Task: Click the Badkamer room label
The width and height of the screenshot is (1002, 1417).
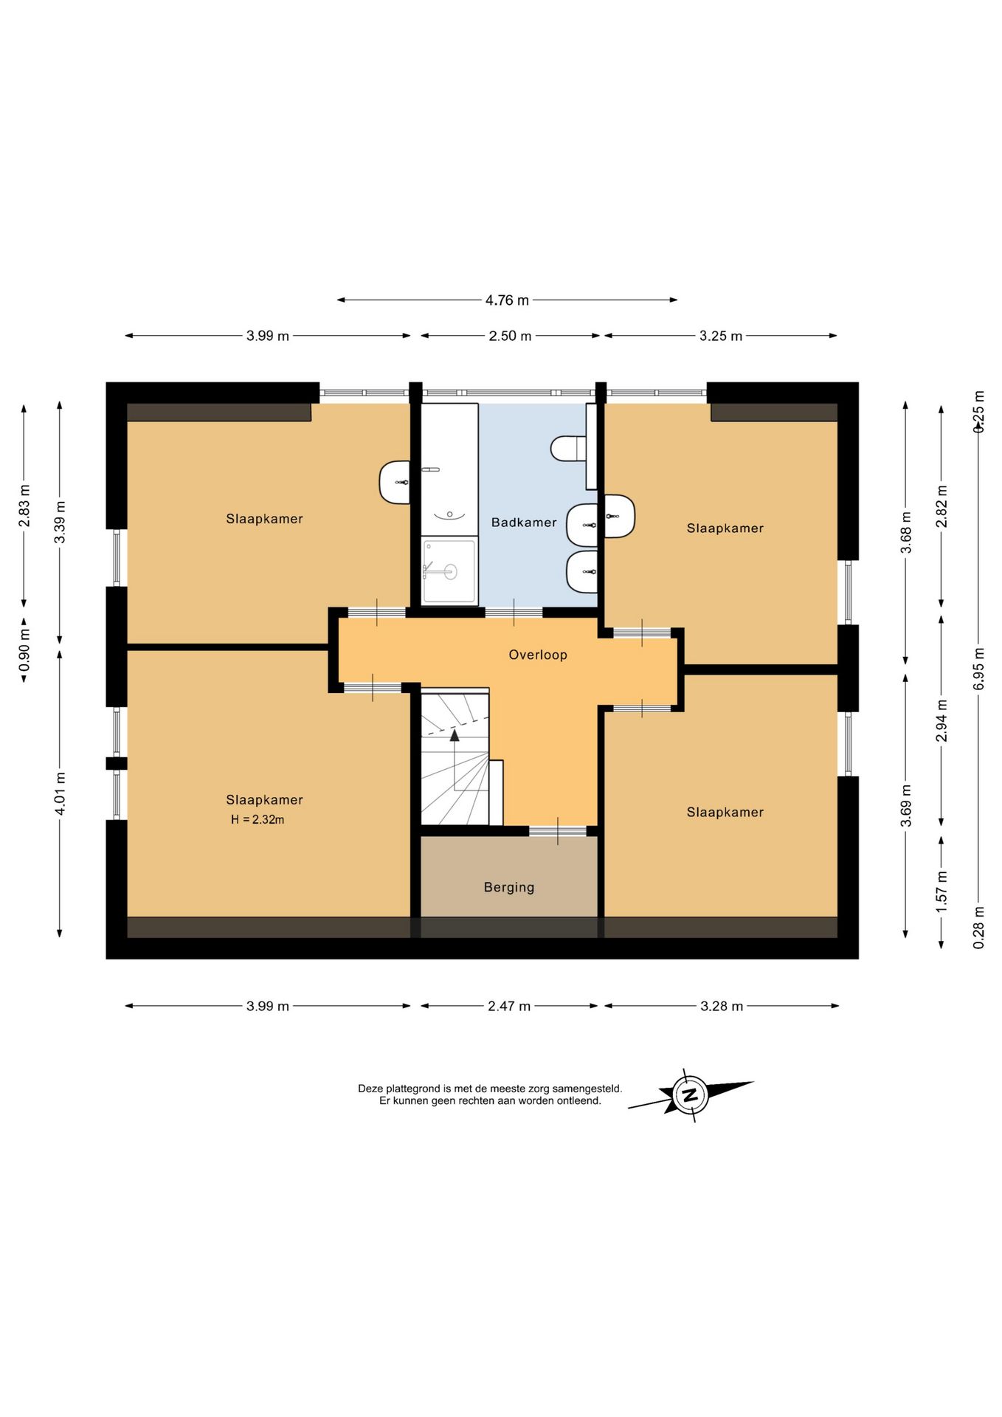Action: [524, 523]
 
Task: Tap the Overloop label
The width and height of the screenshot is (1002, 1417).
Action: [538, 655]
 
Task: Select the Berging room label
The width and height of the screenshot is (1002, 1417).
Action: [509, 887]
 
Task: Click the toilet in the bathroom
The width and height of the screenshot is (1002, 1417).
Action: [568, 448]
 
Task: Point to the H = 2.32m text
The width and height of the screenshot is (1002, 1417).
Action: [258, 819]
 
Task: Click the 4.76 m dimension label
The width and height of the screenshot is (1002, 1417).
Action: [507, 300]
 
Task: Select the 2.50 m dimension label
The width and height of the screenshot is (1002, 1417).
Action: [510, 336]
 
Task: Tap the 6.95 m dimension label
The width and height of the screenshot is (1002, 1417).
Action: [979, 669]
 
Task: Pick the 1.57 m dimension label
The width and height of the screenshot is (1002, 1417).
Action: [941, 892]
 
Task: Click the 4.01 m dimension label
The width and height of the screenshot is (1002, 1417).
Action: [61, 794]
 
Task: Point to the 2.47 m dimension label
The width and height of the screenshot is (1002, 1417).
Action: [509, 1006]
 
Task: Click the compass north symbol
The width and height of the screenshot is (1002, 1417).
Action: [691, 1094]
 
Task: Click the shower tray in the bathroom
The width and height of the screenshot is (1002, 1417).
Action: [449, 571]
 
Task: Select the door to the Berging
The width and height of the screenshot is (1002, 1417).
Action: [558, 831]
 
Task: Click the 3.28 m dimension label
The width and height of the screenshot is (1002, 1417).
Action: [722, 1006]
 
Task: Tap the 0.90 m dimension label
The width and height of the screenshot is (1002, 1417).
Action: [25, 651]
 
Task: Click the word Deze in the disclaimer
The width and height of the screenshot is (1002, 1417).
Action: [370, 1089]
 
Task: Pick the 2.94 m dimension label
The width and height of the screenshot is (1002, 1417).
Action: [941, 720]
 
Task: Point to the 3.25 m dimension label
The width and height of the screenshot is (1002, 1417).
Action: [721, 336]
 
